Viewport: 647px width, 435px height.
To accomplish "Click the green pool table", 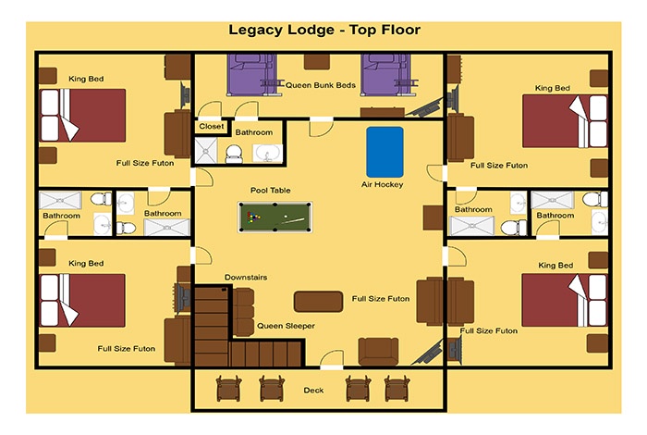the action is pyautogui.click(x=275, y=217).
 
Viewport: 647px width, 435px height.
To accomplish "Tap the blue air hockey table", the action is pyautogui.click(x=385, y=152).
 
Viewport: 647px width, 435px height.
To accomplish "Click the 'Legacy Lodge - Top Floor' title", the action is pyautogui.click(x=324, y=30).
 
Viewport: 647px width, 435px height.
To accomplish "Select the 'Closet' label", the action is pyautogui.click(x=212, y=127).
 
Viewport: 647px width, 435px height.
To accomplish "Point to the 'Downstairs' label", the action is pyautogui.click(x=246, y=277).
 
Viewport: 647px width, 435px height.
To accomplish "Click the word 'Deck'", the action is pyautogui.click(x=313, y=390).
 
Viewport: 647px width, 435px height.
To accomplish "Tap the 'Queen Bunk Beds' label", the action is pyautogui.click(x=321, y=85).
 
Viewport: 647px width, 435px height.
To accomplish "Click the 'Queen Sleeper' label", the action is pyautogui.click(x=286, y=326).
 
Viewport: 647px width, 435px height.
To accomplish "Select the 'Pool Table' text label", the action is pyautogui.click(x=270, y=190).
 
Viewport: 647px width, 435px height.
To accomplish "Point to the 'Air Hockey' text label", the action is pyautogui.click(x=382, y=184).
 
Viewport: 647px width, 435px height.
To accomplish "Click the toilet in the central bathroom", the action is pyautogui.click(x=234, y=154).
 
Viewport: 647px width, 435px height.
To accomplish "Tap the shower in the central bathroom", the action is pyautogui.click(x=206, y=150).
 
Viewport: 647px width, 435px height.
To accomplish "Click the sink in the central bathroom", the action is pyautogui.click(x=267, y=154).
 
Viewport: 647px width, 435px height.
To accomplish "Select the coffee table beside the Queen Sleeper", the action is pyautogui.click(x=318, y=302).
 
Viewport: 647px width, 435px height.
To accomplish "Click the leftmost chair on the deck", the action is pyautogui.click(x=228, y=389).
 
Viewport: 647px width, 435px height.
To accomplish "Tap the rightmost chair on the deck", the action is pyautogui.click(x=397, y=389).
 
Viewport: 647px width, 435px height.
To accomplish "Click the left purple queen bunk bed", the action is pyautogui.click(x=251, y=75).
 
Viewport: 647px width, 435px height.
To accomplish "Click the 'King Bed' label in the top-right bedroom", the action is pyautogui.click(x=553, y=88).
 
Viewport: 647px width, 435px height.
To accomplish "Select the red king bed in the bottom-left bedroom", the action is pyautogui.click(x=82, y=300).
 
